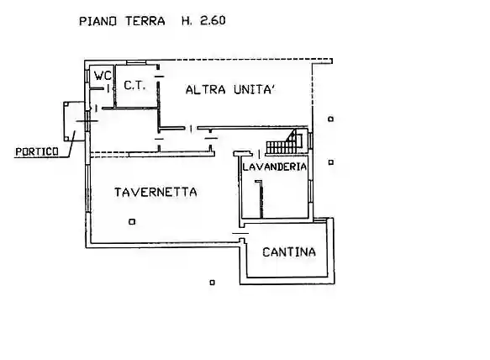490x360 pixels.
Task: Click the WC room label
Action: [x=102, y=75]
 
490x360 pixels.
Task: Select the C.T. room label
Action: [x=135, y=85]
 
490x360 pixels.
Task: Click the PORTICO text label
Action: [x=36, y=151]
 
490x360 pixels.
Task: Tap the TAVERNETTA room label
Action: [x=155, y=193]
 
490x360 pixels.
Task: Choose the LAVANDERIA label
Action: [x=274, y=167]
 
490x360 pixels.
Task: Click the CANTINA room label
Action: [x=288, y=251]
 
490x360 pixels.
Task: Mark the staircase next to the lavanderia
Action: [x=283, y=143]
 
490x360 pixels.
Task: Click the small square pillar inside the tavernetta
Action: [x=132, y=222]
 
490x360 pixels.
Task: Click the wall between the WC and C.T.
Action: [x=113, y=84]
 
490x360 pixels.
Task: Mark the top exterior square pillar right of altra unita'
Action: [x=332, y=119]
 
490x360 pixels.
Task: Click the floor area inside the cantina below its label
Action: [x=288, y=267]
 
